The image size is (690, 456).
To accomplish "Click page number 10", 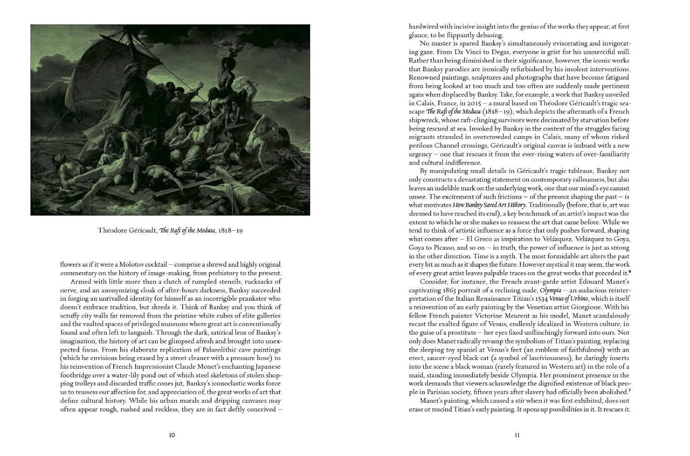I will pos(172,436).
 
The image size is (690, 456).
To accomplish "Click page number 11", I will pos(517,436).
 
